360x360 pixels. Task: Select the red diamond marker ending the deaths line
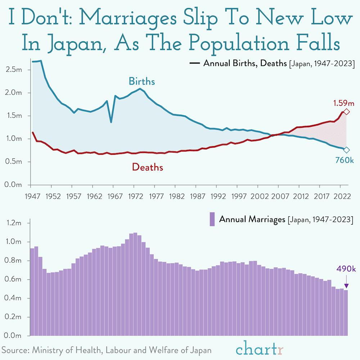pos(346,112)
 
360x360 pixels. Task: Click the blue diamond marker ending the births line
pos(346,150)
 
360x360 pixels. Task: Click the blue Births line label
pos(142,82)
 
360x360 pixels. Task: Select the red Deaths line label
pos(147,167)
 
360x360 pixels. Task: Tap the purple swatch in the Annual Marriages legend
pos(212,219)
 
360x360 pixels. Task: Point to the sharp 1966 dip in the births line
pos(111,122)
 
